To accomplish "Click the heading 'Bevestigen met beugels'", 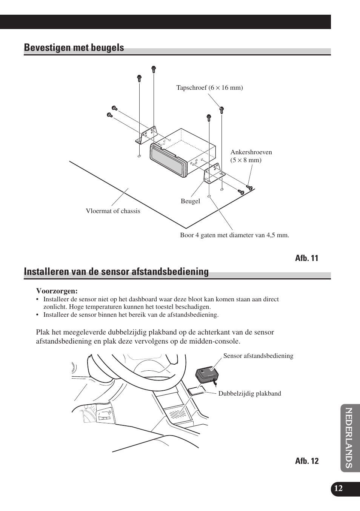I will point(74,48).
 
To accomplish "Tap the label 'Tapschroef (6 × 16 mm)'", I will point(209,88).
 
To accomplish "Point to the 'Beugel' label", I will point(190,201).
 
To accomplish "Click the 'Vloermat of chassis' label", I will point(113,211).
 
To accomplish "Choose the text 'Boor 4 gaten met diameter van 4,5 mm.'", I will point(234,235).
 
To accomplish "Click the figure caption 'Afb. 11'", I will point(306,258).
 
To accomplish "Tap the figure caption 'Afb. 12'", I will point(306,461).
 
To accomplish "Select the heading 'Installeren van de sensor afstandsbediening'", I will point(116,272).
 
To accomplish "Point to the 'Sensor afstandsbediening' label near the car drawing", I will point(258,356).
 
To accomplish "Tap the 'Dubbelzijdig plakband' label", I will point(249,394).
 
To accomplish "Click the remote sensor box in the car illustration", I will point(207,374).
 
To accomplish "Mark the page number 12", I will point(338,488).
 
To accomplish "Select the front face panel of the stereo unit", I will point(168,160).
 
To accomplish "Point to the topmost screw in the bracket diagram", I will point(153,69).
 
